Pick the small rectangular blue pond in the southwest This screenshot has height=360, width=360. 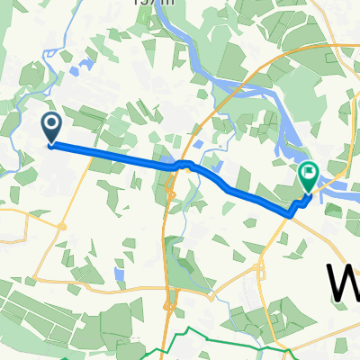pos(119,272)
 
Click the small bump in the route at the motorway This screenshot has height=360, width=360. pos(183,164)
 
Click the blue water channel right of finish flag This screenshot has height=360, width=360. pos(337,190)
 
